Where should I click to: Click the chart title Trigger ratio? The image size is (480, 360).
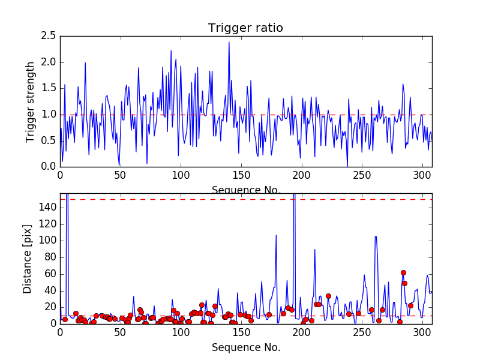245,28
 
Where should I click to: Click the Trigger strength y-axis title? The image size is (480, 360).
31,101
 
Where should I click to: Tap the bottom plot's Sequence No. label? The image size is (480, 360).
246,347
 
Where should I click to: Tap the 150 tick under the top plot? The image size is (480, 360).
241,175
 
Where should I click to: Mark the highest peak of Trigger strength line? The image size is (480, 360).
229,42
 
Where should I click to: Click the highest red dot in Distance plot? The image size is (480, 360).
403,272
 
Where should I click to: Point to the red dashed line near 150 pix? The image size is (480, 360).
246,199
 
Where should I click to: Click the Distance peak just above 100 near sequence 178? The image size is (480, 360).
276,235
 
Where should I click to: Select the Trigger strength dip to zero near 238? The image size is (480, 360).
347,166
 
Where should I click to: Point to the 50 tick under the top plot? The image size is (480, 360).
120,175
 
